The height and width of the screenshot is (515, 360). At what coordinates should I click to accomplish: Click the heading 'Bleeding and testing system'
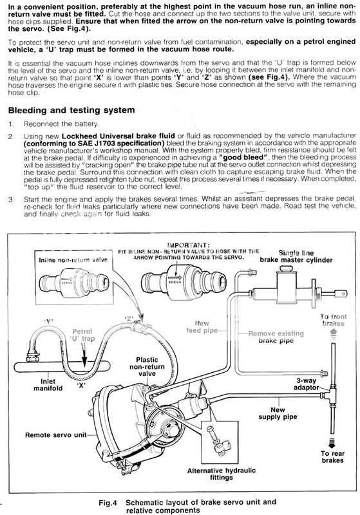(x=71, y=110)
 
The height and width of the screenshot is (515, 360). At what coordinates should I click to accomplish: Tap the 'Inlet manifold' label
(x=48, y=384)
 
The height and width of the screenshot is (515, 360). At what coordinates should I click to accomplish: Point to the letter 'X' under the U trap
(x=81, y=385)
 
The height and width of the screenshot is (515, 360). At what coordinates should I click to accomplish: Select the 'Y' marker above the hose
(x=49, y=321)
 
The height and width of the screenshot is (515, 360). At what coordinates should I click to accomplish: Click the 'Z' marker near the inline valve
(x=129, y=319)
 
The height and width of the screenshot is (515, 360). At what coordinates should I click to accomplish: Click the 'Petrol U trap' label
(x=82, y=335)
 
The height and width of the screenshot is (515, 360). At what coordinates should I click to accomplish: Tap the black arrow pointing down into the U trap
(x=84, y=356)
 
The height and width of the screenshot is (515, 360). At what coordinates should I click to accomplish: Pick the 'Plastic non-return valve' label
(x=147, y=367)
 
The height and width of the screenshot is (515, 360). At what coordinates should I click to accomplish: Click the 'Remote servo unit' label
(x=56, y=435)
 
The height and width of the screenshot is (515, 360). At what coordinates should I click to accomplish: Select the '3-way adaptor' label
(x=307, y=384)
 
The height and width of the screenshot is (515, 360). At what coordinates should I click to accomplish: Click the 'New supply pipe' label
(x=278, y=413)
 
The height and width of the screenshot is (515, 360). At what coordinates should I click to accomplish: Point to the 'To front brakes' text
(x=334, y=320)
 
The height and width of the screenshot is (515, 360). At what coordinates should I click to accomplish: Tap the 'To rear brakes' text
(x=332, y=457)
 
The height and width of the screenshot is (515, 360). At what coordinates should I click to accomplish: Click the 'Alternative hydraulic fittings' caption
(x=222, y=474)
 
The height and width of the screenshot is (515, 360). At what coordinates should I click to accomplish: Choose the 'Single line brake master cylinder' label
(x=296, y=256)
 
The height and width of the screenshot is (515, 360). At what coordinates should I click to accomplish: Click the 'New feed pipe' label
(x=202, y=327)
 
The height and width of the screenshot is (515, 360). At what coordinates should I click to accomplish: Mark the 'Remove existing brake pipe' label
(x=276, y=337)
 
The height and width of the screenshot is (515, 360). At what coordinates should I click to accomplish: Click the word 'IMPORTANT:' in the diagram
(x=189, y=245)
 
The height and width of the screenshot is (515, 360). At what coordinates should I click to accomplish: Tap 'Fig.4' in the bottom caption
(x=108, y=503)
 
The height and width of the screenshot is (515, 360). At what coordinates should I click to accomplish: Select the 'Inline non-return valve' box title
(x=73, y=260)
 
